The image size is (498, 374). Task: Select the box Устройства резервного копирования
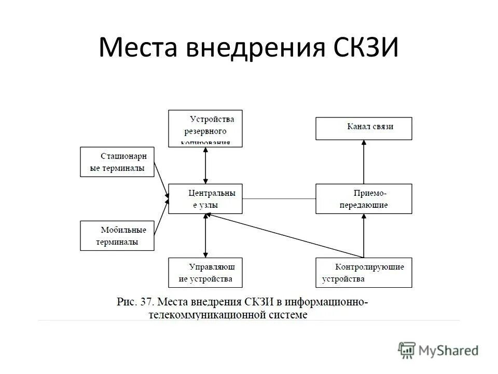(205, 128)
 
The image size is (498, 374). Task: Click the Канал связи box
(364, 128)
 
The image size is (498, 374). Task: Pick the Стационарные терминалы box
(117, 162)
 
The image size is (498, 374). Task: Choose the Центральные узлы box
(205, 198)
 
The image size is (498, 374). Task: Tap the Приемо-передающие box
(364, 198)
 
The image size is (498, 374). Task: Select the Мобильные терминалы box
(117, 235)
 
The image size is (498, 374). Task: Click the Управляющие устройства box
(205, 272)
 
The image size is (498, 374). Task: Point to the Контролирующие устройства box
(364, 272)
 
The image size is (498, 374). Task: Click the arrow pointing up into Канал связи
(364, 162)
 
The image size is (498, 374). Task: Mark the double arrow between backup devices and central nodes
(206, 165)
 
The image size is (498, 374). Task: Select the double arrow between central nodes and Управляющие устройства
(206, 235)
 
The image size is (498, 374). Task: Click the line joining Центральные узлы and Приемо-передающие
(279, 198)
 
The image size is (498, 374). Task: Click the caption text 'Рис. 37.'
(135, 302)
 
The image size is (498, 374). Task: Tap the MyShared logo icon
(407, 351)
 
